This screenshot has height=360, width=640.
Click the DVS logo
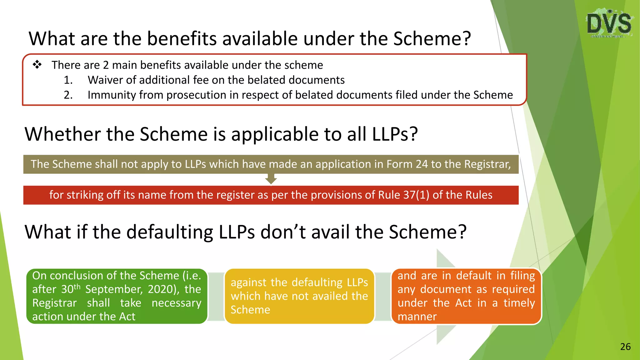[x=609, y=23]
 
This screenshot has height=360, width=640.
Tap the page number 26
[x=625, y=347]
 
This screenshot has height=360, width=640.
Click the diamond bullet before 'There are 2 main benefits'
[x=37, y=65]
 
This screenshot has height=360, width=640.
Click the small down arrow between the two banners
[x=271, y=180]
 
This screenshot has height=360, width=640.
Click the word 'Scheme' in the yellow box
[x=250, y=310]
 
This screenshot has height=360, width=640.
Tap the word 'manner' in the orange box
[x=417, y=317]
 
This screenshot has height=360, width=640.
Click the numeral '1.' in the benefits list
[x=68, y=80]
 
